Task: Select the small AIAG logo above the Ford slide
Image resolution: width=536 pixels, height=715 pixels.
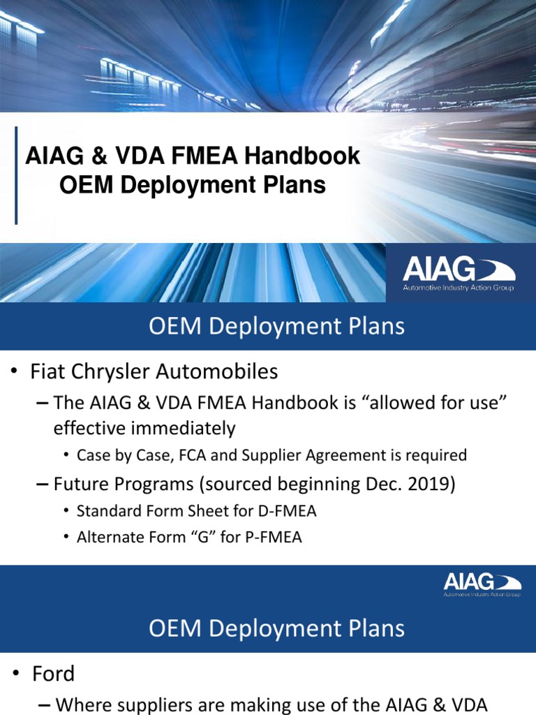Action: click(x=482, y=584)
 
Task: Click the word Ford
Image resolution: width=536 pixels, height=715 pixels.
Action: click(x=53, y=674)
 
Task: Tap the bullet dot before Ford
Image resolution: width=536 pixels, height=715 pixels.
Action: click(x=15, y=675)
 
